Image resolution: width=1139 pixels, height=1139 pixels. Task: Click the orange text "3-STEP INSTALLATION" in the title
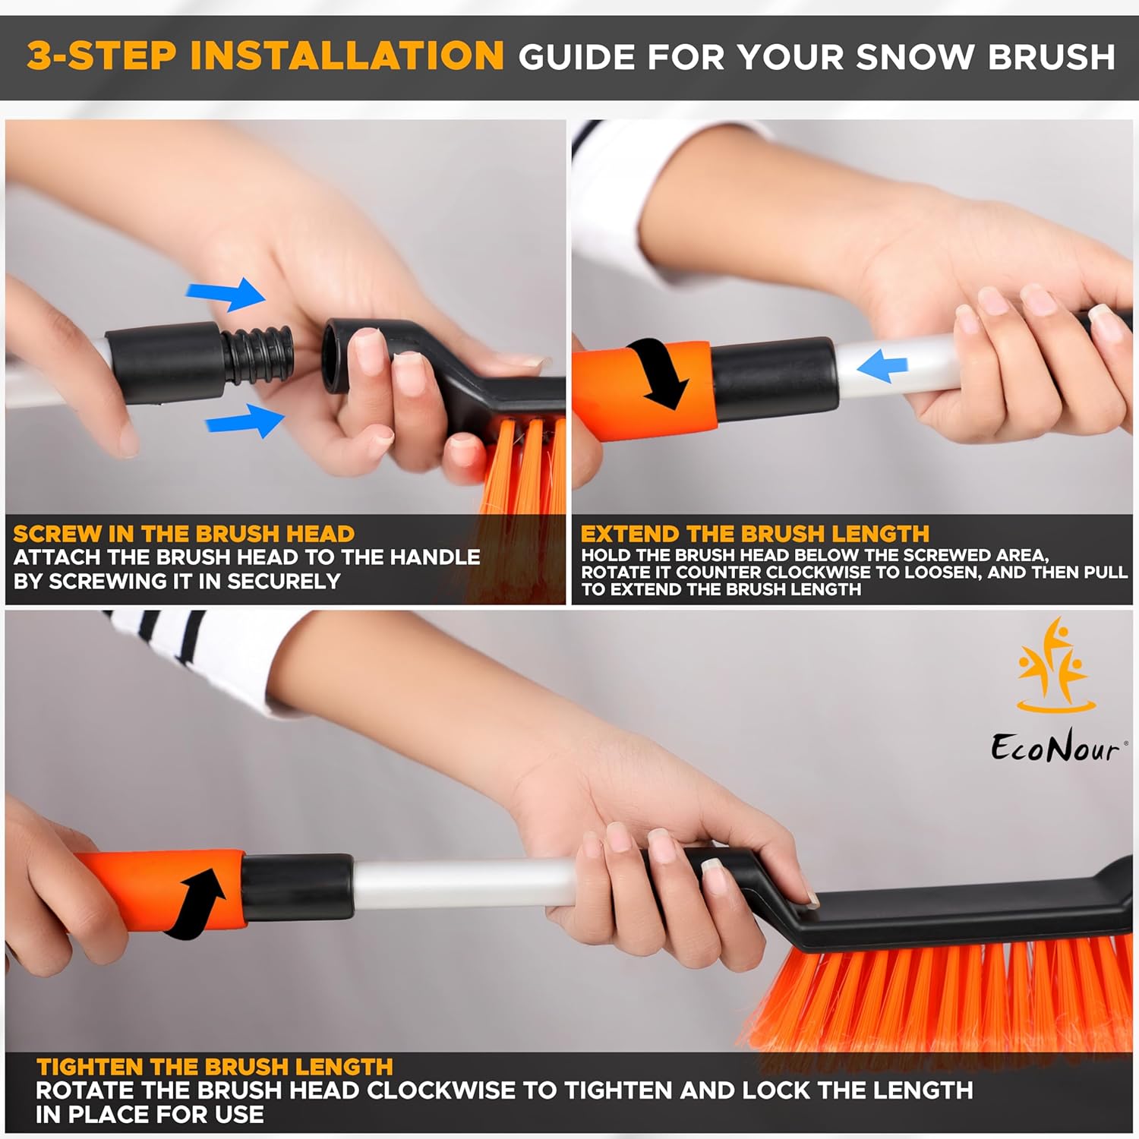point(265,56)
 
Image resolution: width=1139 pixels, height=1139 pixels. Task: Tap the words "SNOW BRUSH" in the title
point(985,58)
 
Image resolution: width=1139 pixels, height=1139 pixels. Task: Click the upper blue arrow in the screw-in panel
point(227,294)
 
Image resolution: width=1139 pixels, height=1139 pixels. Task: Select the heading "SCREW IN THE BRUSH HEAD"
point(184,534)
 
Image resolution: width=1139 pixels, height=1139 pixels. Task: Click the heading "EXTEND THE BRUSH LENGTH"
point(755,534)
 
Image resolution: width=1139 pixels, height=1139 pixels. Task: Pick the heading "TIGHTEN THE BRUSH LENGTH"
point(214,1067)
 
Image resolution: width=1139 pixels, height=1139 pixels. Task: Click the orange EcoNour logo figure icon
point(1055,666)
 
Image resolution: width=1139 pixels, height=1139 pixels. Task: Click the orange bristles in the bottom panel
point(934,995)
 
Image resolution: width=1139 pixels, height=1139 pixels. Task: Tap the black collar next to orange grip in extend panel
point(775,380)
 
